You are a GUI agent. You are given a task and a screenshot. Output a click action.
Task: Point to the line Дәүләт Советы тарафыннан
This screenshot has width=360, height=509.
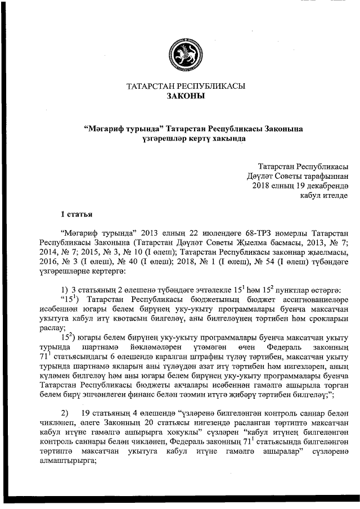tap(298, 176)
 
